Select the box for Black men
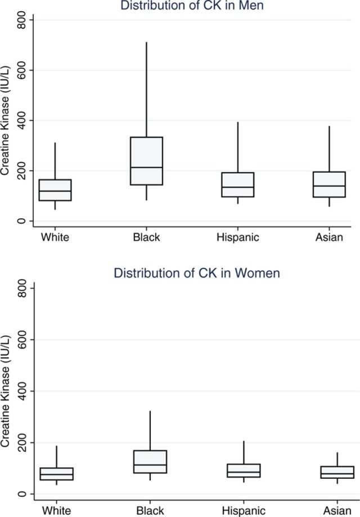(x=146, y=160)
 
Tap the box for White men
(x=55, y=190)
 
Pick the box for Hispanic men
(x=238, y=185)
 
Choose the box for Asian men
(x=329, y=185)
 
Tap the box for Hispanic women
(x=244, y=470)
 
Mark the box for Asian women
(x=337, y=471)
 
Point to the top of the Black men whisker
(x=146, y=42)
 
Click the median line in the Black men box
(x=146, y=167)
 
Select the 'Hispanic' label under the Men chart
(x=238, y=237)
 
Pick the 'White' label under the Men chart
(x=55, y=237)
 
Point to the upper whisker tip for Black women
(x=150, y=411)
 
